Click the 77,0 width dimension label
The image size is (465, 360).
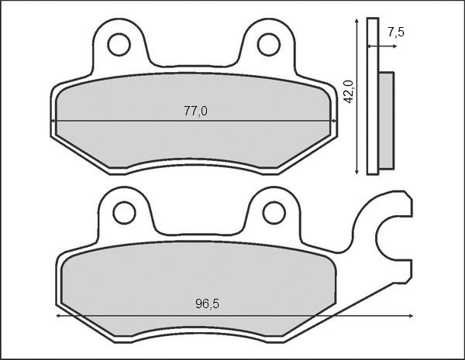(195, 111)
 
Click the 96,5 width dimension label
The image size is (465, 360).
(206, 304)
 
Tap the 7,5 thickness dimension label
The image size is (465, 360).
(395, 32)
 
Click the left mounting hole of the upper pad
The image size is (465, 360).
(119, 45)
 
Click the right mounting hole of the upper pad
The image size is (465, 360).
(269, 45)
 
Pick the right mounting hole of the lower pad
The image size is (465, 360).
(274, 211)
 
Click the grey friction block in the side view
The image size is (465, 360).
(387, 120)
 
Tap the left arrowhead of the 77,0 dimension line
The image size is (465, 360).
(54, 121)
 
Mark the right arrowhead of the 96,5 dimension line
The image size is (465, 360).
(410, 316)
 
